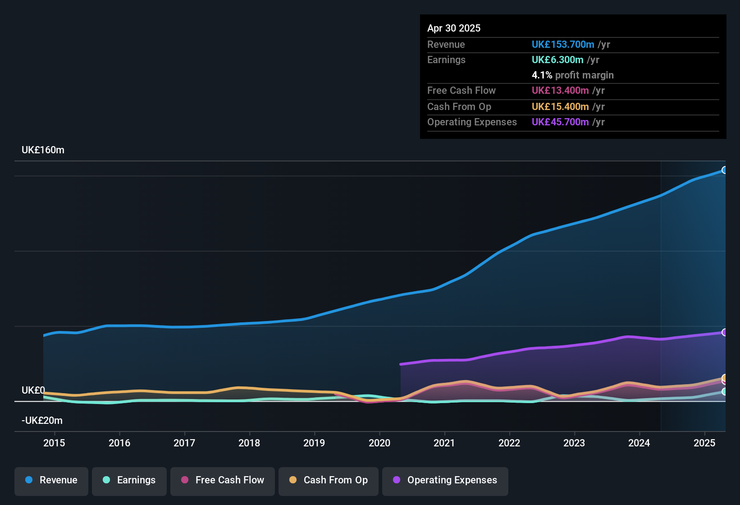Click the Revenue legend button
click(x=51, y=480)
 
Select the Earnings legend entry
click(x=129, y=480)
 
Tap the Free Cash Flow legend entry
click(x=223, y=480)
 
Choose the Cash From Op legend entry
click(x=329, y=480)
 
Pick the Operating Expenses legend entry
click(x=445, y=480)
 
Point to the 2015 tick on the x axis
click(x=54, y=443)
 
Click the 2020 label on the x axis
click(x=379, y=443)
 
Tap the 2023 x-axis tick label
click(x=574, y=443)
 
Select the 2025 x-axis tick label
click(x=704, y=443)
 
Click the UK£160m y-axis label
click(x=43, y=150)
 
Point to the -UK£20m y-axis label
click(x=42, y=421)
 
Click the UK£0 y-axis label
click(x=33, y=390)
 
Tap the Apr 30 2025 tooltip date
click(x=454, y=28)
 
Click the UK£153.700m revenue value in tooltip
click(x=563, y=44)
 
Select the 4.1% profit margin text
click(x=572, y=75)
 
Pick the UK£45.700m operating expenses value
click(x=560, y=122)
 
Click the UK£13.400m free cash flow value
click(x=560, y=90)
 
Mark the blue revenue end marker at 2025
click(x=725, y=170)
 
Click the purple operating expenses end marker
click(x=725, y=332)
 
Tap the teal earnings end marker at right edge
click(x=725, y=391)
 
